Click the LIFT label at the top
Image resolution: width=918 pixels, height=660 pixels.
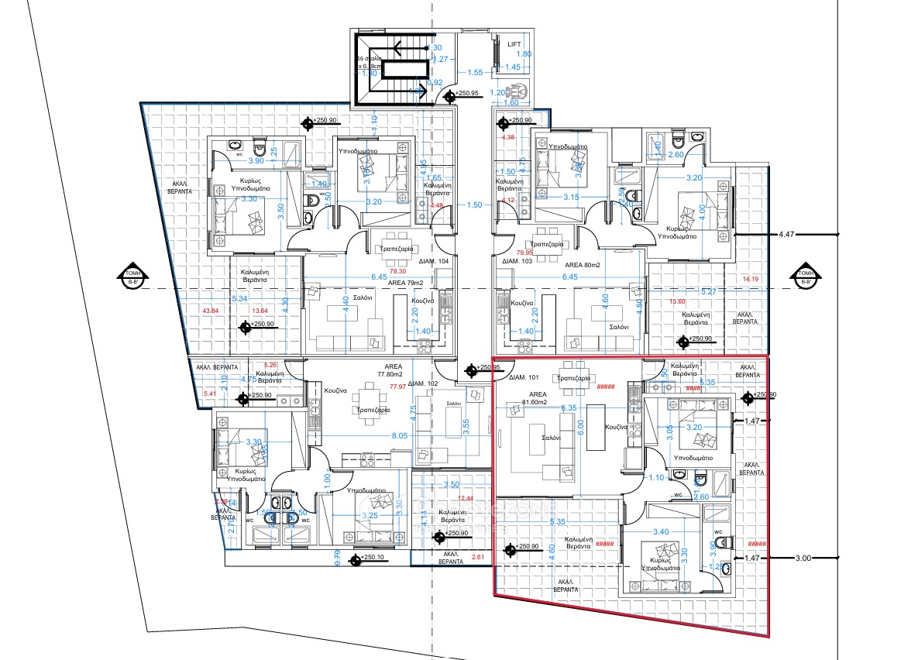click(x=514, y=44)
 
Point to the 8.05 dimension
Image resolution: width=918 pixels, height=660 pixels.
click(x=400, y=436)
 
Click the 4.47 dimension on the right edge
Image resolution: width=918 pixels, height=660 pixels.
click(x=787, y=233)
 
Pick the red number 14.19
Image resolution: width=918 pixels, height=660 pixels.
click(x=751, y=279)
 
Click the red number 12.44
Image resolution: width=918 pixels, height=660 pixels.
click(x=465, y=498)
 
